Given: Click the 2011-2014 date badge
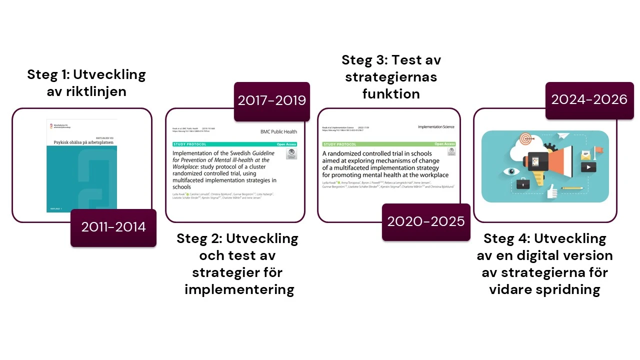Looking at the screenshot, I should (x=113, y=227).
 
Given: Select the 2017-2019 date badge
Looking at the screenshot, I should (x=271, y=101).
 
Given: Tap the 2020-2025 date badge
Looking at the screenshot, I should (x=426, y=221).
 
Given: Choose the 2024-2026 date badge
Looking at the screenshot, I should (x=589, y=100).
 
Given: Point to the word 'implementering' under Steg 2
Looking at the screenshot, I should (x=239, y=289).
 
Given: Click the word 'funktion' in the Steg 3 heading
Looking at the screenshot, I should (x=391, y=94).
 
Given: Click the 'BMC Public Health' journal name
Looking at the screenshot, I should (x=278, y=132).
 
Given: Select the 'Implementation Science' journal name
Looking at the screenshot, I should (x=436, y=127).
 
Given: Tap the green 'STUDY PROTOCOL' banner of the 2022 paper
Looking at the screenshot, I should (x=340, y=144).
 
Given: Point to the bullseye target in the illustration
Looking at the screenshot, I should (x=524, y=138).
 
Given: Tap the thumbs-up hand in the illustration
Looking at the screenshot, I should (x=551, y=191).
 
